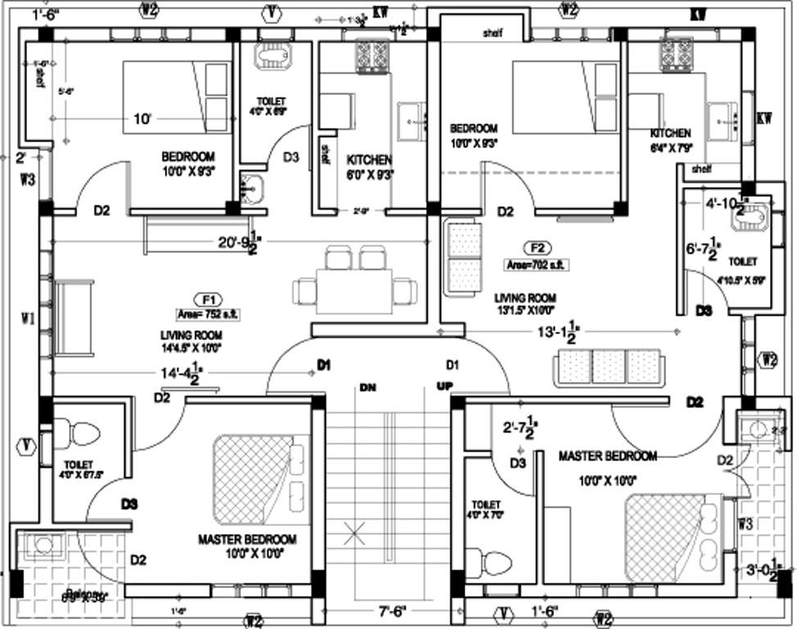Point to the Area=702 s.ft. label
tap(537, 265)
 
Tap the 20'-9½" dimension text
tap(239, 243)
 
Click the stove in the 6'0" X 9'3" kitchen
tap(371, 55)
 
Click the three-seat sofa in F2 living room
tap(607, 368)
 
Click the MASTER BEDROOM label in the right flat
tap(607, 455)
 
